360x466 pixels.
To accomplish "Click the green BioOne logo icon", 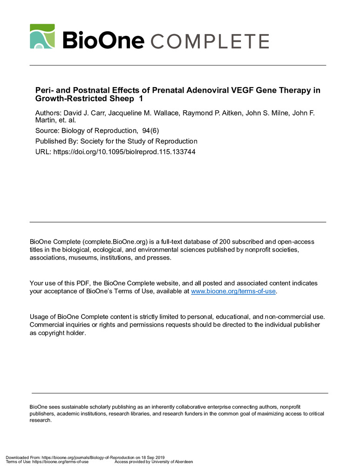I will coord(42,36).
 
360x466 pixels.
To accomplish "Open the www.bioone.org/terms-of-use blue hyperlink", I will coord(233,291).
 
